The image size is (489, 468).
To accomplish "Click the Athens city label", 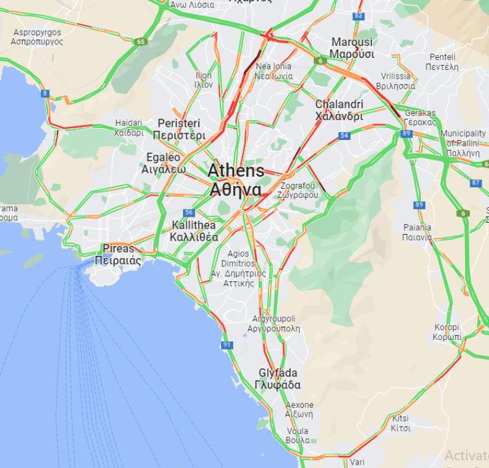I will pos(236,179).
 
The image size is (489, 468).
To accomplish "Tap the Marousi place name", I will pos(352,48).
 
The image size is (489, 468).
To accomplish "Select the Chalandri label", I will pos(339,110).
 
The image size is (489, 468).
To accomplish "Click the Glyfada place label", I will pos(278,379).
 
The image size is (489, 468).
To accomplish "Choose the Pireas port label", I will pos(118,255).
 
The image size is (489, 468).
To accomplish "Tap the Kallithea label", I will pos(194,231).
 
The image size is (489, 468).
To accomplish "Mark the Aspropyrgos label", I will pos(37,37).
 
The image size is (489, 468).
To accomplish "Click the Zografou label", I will pos(300,190).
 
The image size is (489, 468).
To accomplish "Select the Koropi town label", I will pos(447,332).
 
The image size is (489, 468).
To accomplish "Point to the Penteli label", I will pos(443,62).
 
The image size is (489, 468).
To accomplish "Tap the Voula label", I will pos(297,435).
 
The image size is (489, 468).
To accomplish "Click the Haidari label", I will pos(129,127).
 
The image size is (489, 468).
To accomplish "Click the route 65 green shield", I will pos(140,41).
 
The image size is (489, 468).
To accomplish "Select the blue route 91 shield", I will pos(227,345).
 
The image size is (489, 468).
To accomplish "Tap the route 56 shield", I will pos(189,213).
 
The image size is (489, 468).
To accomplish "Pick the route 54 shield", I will pos(344,136).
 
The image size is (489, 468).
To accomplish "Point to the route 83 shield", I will pos(359,15).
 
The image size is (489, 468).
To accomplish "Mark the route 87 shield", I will pos(475,183).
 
